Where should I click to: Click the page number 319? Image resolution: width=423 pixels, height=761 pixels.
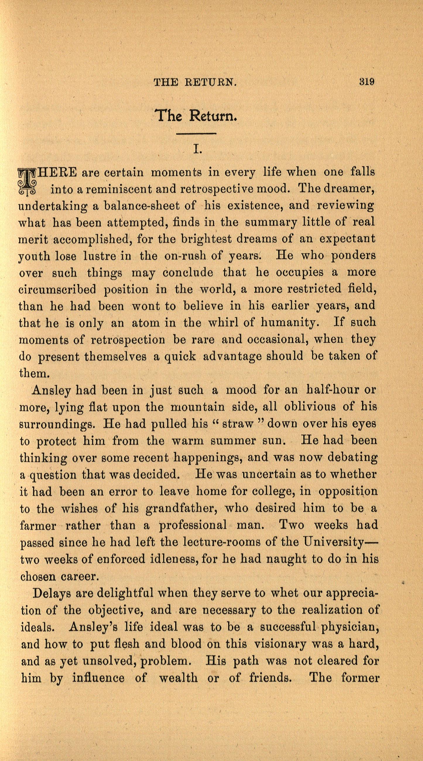pos(367,81)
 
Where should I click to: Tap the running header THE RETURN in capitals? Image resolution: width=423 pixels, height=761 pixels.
pos(195,82)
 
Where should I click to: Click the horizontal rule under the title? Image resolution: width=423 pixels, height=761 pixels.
pos(196,134)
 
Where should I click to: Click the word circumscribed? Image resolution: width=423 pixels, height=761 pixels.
pos(57,289)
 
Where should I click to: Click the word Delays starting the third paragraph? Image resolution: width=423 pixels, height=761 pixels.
pos(51,593)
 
